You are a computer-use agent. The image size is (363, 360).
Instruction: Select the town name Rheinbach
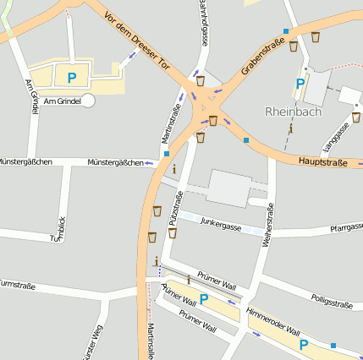click(x=294, y=111)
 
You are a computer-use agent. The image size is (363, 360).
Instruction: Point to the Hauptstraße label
click(x=323, y=162)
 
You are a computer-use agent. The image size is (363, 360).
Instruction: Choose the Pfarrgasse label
click(x=346, y=227)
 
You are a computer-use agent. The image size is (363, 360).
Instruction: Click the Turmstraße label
click(x=17, y=286)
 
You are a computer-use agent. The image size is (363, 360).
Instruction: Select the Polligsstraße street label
click(x=331, y=300)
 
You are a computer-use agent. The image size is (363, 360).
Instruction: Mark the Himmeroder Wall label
click(x=273, y=321)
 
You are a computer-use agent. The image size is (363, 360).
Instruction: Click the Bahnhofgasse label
click(x=203, y=22)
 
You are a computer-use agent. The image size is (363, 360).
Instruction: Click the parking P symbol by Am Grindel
click(x=72, y=78)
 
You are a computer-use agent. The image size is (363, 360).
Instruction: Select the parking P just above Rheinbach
click(x=299, y=85)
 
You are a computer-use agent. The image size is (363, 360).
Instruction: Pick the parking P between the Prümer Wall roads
click(x=204, y=298)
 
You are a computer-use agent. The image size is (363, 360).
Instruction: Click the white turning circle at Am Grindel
click(x=88, y=101)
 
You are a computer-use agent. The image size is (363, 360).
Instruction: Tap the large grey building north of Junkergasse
click(x=228, y=188)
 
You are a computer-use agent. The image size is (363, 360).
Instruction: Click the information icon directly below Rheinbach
click(x=291, y=128)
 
